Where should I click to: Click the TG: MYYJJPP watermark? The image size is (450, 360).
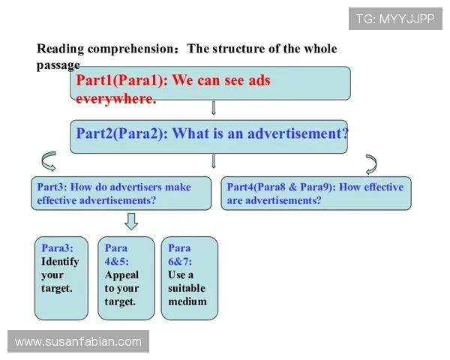pos(395,19)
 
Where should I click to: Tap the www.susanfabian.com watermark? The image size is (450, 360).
pos(78,341)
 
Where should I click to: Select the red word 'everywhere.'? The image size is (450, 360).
pos(116,99)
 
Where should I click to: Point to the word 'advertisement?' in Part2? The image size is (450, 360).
pos(298,133)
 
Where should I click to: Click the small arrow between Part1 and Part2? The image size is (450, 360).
pos(213,108)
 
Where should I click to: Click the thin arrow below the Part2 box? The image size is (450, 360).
pos(213,161)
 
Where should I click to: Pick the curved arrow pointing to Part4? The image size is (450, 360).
pos(373,164)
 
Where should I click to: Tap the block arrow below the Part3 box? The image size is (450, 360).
pos(131,221)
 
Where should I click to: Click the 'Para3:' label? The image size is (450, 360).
pos(57,247)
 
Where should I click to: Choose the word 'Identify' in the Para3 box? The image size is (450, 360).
pos(60,261)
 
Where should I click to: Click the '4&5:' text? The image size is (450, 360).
pos(116,262)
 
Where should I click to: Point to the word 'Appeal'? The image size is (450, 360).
pos(121,275)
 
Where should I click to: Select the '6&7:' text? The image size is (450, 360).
pos(180,262)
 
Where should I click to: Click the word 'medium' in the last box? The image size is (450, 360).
pos(187,301)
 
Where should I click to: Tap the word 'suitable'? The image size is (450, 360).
pos(187,288)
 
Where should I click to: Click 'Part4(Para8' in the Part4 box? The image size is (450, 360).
pos(256,187)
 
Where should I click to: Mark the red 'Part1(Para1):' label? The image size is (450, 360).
pos(122,80)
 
